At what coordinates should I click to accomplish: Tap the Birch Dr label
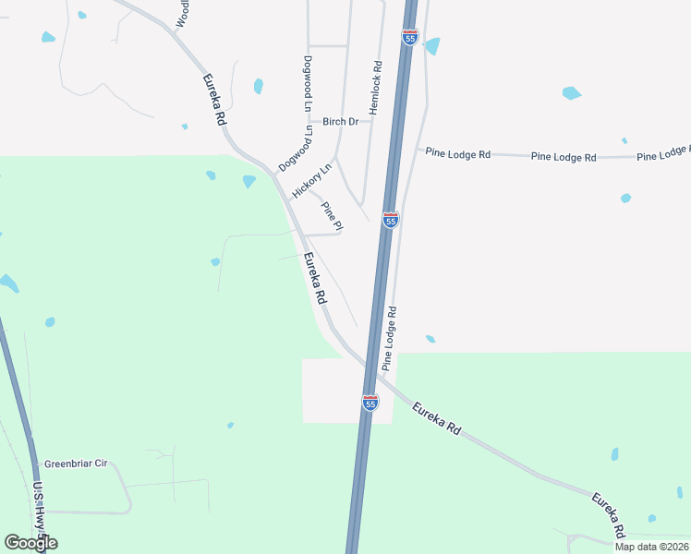pos(340,122)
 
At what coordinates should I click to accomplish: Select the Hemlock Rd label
pos(375,88)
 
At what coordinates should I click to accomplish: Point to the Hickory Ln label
pos(311,181)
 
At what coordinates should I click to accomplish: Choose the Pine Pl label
pos(332,216)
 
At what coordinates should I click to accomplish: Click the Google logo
pos(30,543)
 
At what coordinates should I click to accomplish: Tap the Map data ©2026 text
pos(651,547)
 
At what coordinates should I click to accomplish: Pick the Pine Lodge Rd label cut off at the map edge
pos(664,152)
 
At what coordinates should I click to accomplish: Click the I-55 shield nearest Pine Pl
pos(391,221)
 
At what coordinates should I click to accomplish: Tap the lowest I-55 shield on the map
pos(370,403)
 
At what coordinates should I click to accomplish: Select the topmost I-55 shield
pos(410,37)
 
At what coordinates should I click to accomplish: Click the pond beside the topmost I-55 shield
pos(431,46)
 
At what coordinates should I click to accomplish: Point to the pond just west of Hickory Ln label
pos(249,181)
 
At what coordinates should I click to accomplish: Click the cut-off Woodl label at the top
pos(183,13)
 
